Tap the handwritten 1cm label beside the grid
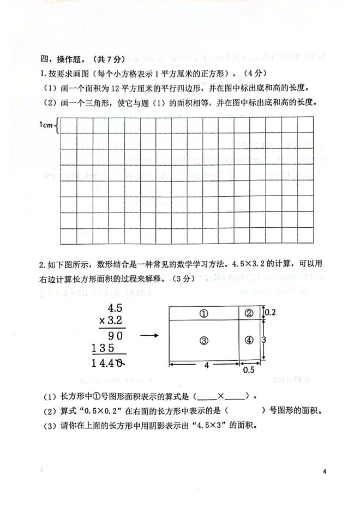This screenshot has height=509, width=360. [47, 125]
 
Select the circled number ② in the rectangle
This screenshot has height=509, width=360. [249, 313]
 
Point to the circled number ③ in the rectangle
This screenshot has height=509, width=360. [203, 340]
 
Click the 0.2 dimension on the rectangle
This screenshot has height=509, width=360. [269, 313]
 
